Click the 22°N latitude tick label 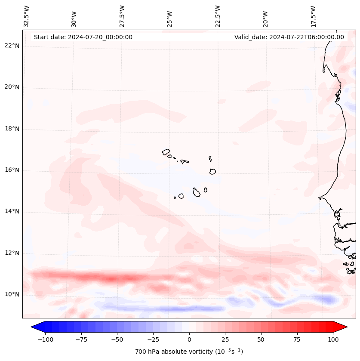(12, 46)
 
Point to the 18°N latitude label (12, 129)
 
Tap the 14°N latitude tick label (12, 211)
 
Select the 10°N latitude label (12, 294)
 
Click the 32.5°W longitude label (27, 16)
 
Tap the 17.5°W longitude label (313, 16)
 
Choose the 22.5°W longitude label (217, 16)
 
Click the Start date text (83, 37)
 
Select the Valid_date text (289, 37)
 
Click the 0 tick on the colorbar (189, 339)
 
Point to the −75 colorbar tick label (80, 339)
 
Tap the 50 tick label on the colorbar (261, 339)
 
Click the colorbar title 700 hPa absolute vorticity (189, 352)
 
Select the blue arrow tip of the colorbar (35, 327)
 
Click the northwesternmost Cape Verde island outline (166, 151)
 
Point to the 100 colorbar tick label (333, 339)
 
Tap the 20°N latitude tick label (12, 87)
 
